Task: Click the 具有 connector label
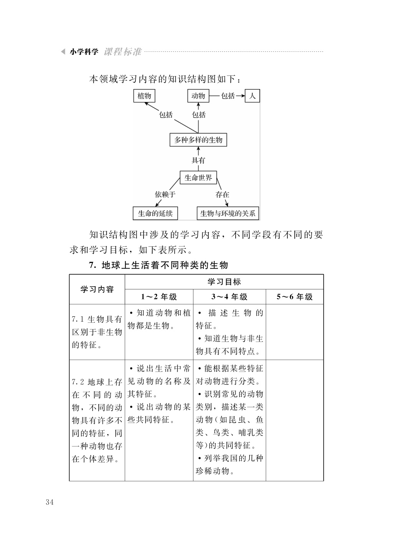[198, 160]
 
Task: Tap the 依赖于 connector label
[165, 195]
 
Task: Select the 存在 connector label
[222, 195]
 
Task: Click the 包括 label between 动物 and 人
[228, 96]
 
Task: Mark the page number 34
[50, 507]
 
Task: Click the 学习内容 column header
[97, 289]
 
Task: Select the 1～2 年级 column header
[159, 297]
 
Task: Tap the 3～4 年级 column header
[230, 297]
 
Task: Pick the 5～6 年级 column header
[295, 297]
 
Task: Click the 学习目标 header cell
[224, 282]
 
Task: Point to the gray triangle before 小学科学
[63, 51]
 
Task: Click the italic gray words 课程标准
[122, 51]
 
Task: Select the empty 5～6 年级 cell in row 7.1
[295, 332]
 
